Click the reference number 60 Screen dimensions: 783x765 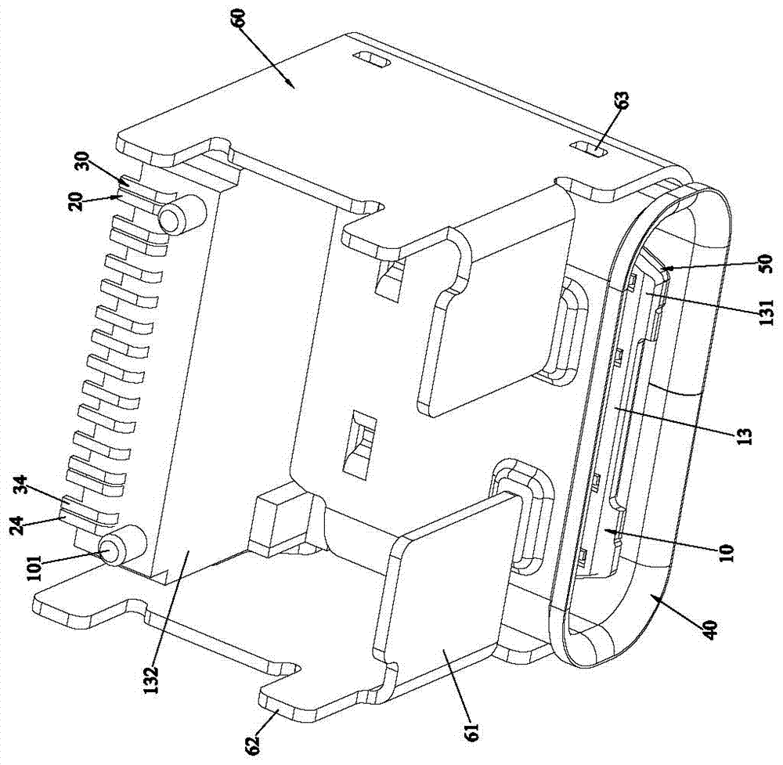239,21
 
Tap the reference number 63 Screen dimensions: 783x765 622,104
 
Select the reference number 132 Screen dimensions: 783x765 150,674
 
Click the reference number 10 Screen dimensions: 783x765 727,552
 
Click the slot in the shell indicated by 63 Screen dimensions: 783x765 590,149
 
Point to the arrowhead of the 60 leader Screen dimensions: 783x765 293,88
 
